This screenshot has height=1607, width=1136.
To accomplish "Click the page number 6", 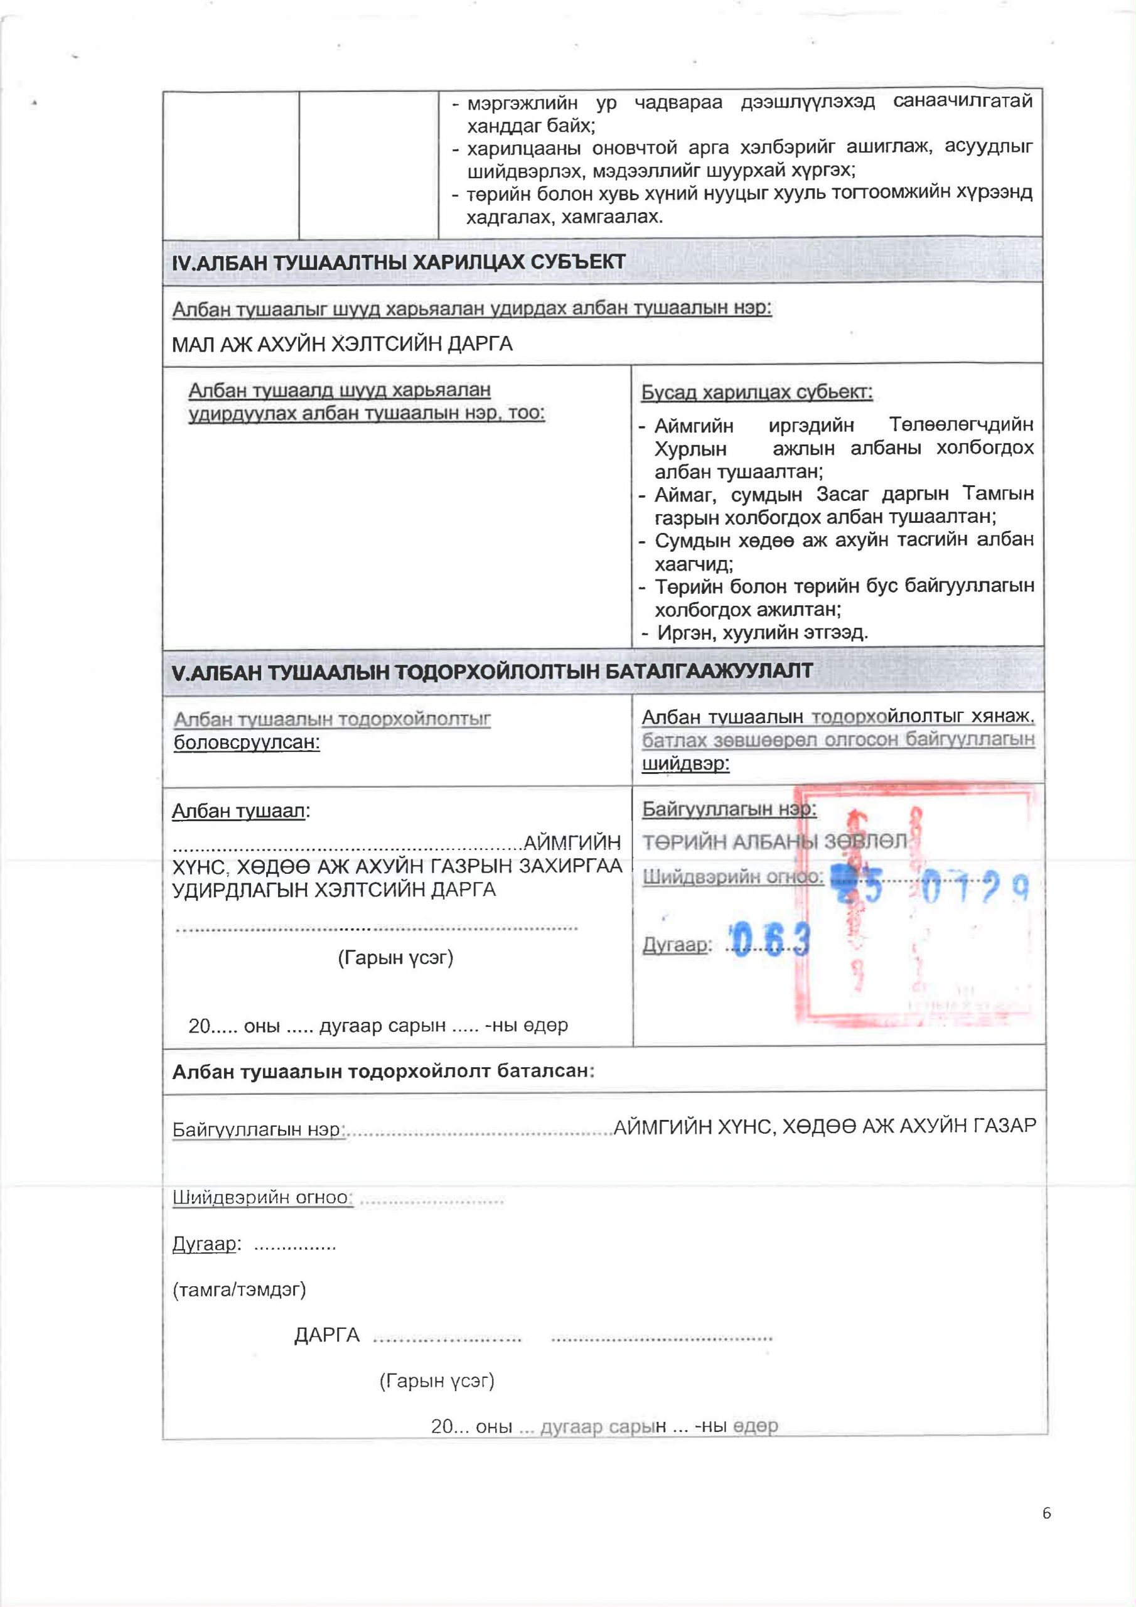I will [1046, 1533].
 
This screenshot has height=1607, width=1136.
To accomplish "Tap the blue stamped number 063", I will [770, 939].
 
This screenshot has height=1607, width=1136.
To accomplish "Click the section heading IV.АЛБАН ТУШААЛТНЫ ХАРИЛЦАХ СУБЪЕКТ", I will [399, 262].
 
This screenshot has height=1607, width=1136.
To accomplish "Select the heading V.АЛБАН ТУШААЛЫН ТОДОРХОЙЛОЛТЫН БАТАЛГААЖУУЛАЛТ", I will [492, 671].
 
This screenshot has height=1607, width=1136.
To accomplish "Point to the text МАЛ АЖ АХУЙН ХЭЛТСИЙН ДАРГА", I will [342, 343].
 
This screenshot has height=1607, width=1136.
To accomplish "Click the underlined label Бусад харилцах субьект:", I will [757, 392].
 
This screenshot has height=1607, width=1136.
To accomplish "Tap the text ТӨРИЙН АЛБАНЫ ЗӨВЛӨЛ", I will [774, 842].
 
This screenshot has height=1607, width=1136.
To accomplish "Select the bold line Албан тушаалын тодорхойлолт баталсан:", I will [383, 1071].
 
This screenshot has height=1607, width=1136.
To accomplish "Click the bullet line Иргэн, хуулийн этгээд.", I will [762, 633].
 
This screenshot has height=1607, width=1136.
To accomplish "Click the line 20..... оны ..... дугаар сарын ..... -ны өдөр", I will [378, 1025].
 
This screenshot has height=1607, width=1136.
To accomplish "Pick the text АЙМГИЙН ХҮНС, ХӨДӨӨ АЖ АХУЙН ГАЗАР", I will [824, 1126].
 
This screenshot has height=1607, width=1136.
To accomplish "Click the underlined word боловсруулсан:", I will [247, 742].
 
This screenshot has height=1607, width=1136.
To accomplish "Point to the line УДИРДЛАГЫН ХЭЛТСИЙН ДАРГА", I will [334, 889].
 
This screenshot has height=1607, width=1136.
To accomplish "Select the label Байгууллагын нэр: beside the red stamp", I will [729, 809].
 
